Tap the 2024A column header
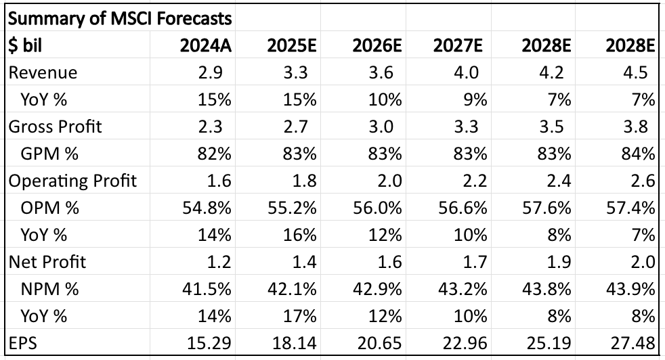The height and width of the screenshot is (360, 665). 206,45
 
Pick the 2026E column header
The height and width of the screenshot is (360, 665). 377,45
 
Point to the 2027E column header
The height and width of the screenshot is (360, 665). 459,45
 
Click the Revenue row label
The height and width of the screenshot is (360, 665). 42,72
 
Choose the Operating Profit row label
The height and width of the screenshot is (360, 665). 72,181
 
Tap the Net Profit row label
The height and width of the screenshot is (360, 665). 47,262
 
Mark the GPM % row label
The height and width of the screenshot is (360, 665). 49,154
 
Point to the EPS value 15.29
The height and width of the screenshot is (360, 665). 209,343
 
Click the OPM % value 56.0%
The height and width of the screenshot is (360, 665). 377,208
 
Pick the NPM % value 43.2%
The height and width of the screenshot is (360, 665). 463,289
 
